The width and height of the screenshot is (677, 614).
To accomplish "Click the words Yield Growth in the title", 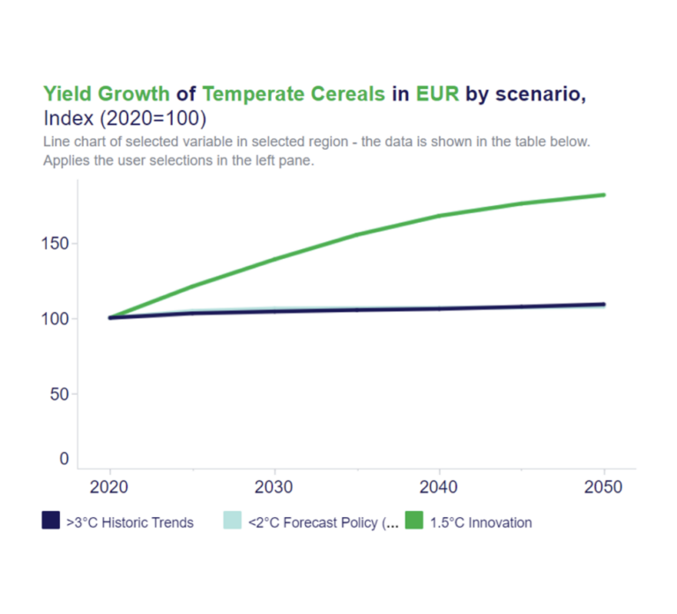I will click(107, 93).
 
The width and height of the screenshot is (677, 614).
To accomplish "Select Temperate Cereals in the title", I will click(294, 93).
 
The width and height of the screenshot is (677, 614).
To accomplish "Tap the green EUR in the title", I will click(438, 93).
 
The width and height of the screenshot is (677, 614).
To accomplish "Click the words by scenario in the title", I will click(525, 93).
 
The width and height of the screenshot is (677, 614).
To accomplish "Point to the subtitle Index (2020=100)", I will click(124, 118).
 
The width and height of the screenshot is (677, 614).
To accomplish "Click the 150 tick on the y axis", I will click(56, 243).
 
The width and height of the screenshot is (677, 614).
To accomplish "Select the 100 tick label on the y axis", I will click(56, 319).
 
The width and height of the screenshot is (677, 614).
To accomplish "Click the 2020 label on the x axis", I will click(109, 487).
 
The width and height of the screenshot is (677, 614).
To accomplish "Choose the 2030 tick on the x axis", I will click(274, 487).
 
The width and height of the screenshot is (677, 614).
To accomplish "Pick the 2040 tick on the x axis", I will click(439, 487).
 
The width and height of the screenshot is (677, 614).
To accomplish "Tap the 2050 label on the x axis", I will click(604, 487).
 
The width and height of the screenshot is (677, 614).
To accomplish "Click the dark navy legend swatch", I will click(51, 522).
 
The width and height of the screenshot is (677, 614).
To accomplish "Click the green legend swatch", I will click(414, 522).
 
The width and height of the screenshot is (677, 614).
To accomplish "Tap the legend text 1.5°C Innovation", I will click(480, 522).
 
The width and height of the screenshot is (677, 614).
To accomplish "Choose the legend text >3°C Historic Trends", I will click(130, 522).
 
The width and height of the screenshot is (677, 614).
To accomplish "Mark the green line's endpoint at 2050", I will click(604, 195).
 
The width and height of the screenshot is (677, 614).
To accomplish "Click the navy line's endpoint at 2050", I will click(604, 304).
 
